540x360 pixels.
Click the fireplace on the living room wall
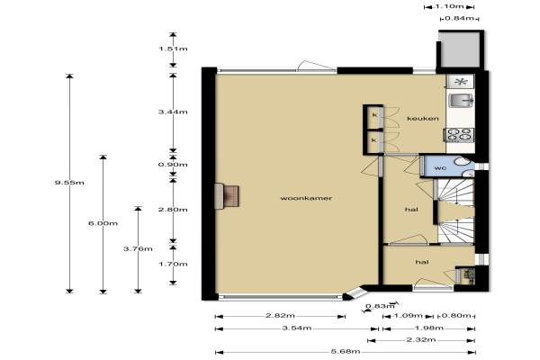[x=227, y=196]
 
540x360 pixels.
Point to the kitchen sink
[x=461, y=101]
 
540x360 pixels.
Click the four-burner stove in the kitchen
[x=459, y=135]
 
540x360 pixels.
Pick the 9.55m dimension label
[x=69, y=183]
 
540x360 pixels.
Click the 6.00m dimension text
[x=103, y=223]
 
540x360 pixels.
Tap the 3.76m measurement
[x=138, y=248]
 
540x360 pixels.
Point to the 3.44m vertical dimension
[x=173, y=112]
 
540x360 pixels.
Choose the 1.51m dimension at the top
[x=173, y=49]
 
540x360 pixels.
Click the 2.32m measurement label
[x=421, y=340]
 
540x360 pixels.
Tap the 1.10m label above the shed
[x=449, y=6]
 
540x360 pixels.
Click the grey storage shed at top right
[x=461, y=49]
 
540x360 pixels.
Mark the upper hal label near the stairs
[x=411, y=210]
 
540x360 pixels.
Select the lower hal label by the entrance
[x=422, y=262]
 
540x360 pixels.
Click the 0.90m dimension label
[x=173, y=165]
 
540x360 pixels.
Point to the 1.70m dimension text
[x=173, y=265]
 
